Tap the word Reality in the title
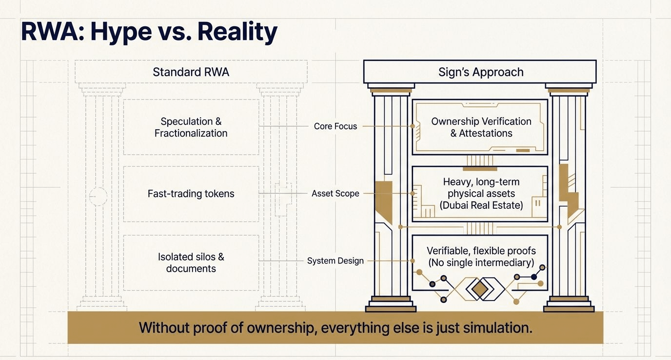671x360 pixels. point(237,32)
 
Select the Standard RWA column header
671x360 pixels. point(191,72)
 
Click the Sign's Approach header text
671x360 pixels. point(481,72)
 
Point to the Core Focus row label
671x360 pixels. point(335,126)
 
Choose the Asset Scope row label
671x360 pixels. point(335,194)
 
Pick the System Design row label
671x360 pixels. point(335,261)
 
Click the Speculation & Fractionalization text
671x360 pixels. point(191,127)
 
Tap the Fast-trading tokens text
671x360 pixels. point(191,194)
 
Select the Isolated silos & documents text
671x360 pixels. point(191,262)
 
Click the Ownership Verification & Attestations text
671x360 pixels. point(481,127)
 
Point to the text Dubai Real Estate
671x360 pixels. point(481,205)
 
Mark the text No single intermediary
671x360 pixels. point(481,263)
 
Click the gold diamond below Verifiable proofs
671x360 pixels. point(480,290)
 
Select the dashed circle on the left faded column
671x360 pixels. point(98,196)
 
